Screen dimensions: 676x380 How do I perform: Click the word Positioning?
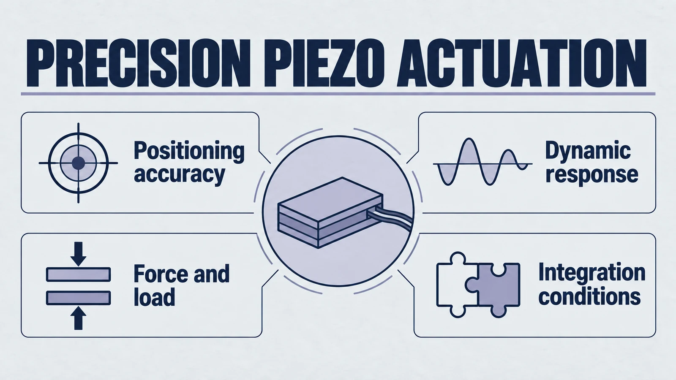coord(189,152)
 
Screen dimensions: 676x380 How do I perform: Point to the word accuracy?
coord(180,175)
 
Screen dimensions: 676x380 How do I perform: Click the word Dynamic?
coord(588,151)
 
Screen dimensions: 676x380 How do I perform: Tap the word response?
coord(592,175)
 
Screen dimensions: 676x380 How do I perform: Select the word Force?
coord(160,274)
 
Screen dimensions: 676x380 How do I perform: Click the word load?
coord(154,297)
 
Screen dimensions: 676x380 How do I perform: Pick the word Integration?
coord(592,273)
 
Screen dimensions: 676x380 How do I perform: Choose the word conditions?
coord(590,297)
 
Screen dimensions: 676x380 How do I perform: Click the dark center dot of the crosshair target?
coord(79,163)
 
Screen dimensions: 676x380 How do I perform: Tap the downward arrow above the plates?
coord(79,254)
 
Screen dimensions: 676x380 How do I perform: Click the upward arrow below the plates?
coord(79,318)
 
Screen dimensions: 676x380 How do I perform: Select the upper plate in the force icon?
coord(79,274)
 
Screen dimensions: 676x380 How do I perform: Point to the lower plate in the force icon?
coord(79,298)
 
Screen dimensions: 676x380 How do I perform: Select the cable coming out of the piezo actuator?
coord(391,217)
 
